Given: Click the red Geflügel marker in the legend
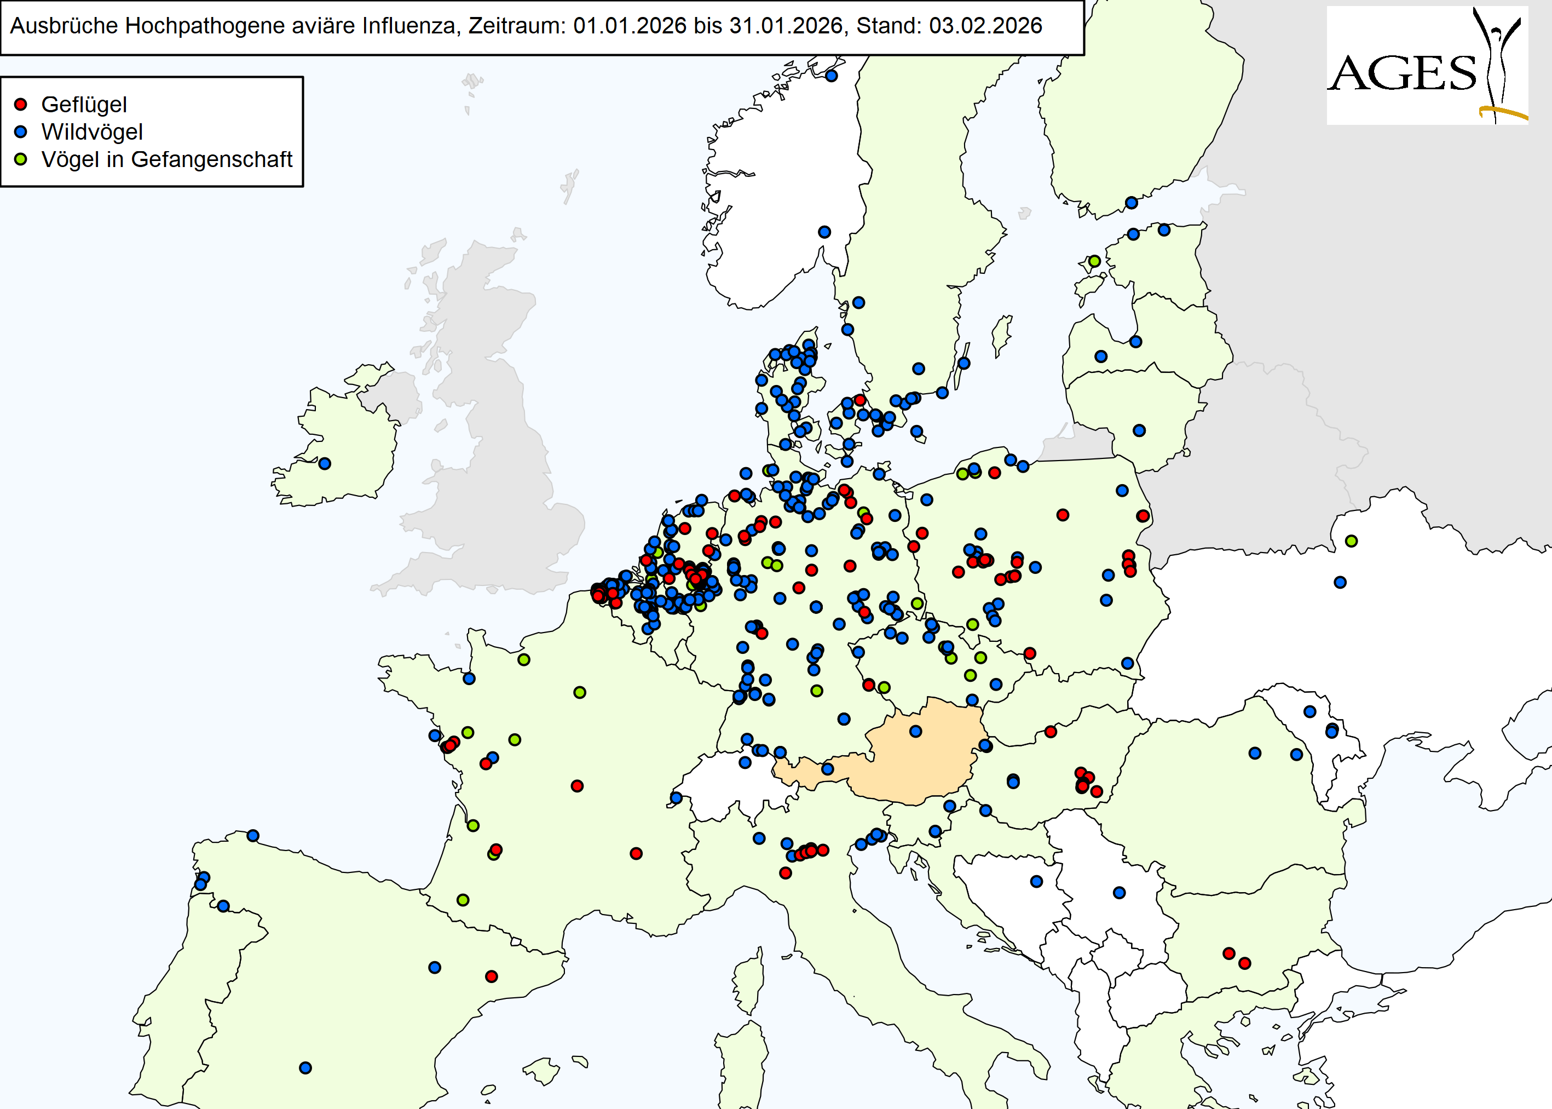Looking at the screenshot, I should pos(20,105).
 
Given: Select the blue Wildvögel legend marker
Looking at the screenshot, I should pos(20,132).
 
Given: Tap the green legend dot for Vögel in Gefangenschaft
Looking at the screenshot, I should pos(20,159).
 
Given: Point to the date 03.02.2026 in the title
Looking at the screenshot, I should pos(985,26).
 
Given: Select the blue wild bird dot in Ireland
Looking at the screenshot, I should pos(325,464).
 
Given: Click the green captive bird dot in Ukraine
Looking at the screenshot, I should pos(1351,541).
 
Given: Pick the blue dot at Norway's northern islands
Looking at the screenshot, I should pos(831,76).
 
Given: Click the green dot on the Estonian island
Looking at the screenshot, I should pos(1094,261).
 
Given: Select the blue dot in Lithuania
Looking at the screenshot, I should pos(1139,430).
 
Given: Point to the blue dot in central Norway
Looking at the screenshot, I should pos(824,232).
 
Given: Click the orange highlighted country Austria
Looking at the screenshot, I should pos(921,751).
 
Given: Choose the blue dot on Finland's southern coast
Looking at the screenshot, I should pos(1132,203).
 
